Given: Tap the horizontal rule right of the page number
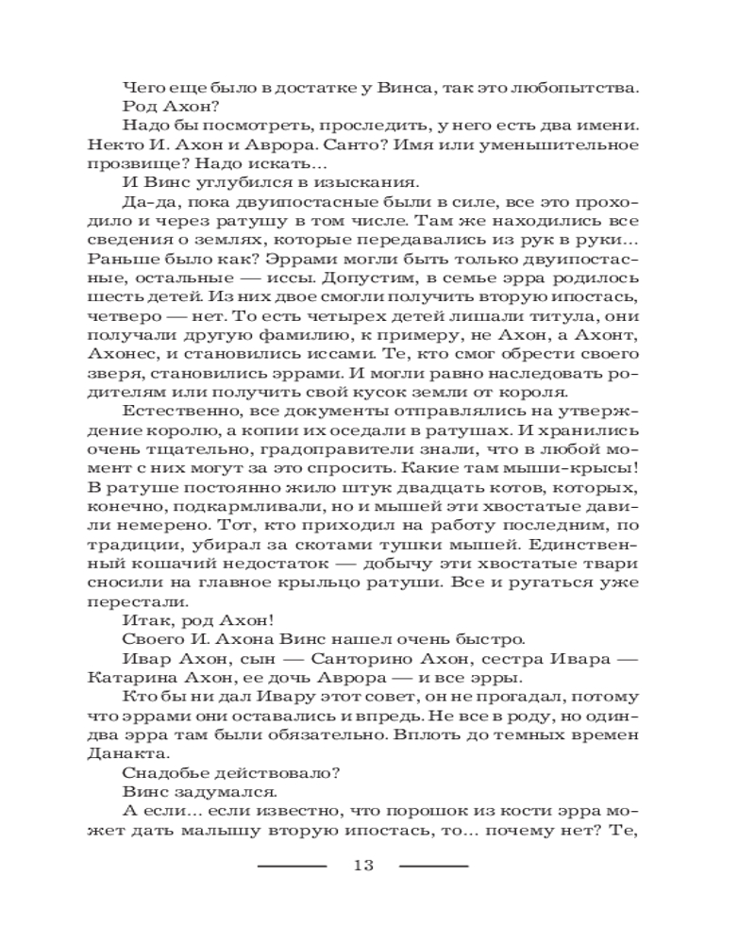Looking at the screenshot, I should click(434, 866).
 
